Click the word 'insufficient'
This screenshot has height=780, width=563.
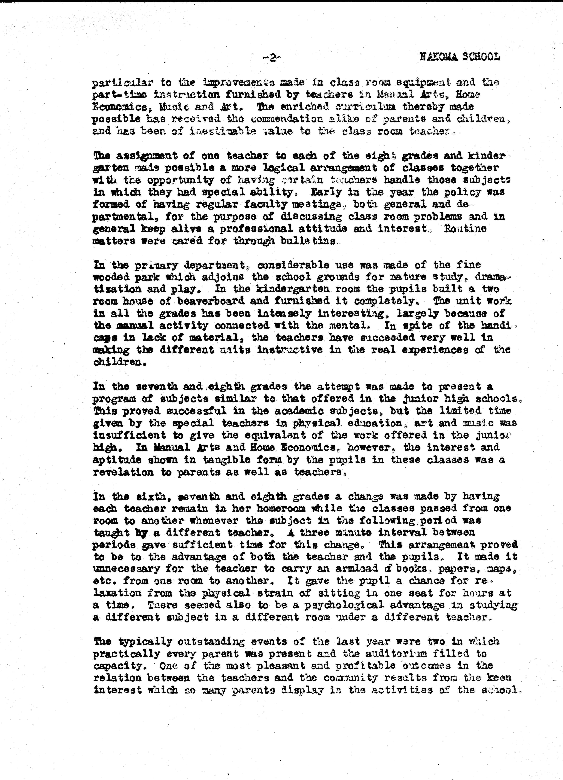tap(129, 435)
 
